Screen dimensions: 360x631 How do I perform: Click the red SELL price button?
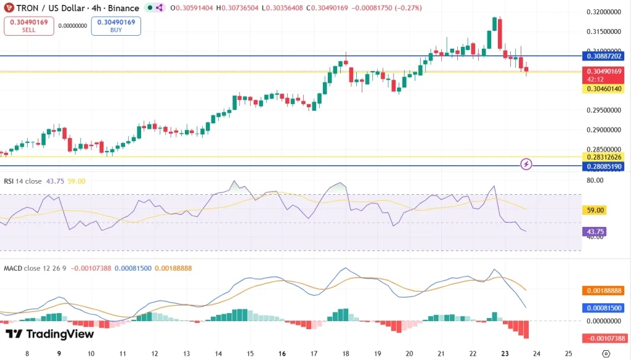[x=28, y=26]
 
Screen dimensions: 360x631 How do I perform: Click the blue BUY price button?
[x=116, y=26]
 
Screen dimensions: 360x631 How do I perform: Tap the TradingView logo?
[x=50, y=333]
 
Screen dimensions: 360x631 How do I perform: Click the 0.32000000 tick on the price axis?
[x=603, y=12]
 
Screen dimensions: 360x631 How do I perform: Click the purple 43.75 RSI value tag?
[x=595, y=232]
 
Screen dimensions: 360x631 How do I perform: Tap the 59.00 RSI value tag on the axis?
[x=595, y=210]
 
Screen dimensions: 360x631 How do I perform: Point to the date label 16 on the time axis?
[x=282, y=354]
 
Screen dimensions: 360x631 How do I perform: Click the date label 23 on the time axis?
[x=505, y=354]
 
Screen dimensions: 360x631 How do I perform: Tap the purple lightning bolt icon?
[x=526, y=163]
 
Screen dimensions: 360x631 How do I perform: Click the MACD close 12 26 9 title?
[x=35, y=268]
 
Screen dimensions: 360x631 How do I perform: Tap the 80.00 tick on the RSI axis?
[x=595, y=181]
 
